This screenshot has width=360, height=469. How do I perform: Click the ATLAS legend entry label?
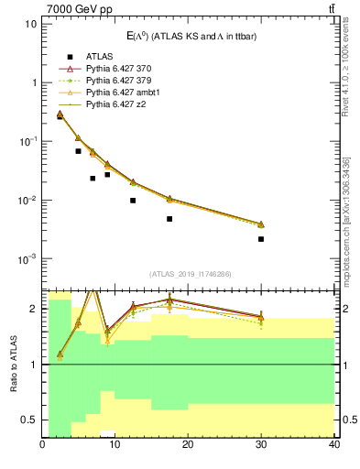(99, 56)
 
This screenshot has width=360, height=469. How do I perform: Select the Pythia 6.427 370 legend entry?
(121, 69)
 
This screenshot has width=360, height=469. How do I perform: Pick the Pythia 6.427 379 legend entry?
(121, 81)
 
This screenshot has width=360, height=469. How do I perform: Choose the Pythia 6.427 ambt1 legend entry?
(125, 93)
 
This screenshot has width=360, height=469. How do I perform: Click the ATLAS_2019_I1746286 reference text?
(188, 273)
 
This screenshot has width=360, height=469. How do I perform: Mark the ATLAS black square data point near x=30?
(261, 239)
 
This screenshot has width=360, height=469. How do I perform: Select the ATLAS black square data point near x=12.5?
(133, 201)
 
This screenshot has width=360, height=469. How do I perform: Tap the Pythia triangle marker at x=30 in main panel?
(261, 224)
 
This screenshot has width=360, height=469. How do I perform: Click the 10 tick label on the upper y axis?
(30, 23)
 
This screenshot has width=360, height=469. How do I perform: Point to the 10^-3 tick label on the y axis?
(26, 259)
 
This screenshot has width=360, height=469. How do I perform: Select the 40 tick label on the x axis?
(333, 446)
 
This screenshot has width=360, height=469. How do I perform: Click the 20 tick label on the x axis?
(188, 446)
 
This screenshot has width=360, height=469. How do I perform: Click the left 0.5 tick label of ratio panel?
(29, 420)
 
